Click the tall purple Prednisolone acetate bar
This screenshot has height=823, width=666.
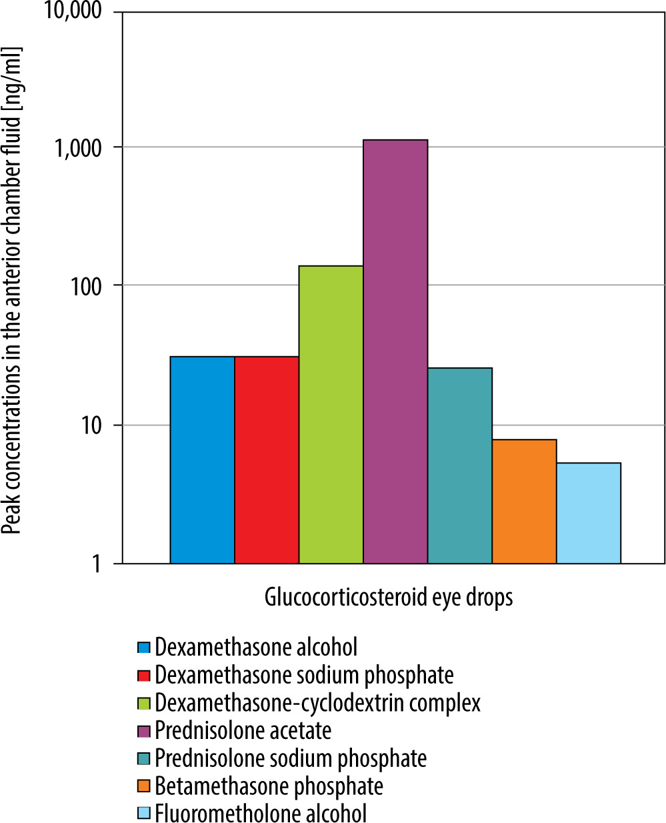coord(395,351)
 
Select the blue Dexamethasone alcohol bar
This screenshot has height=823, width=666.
coord(202,460)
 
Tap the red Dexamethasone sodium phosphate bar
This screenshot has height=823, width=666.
coord(267,460)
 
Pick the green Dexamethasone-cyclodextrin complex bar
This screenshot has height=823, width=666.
coord(331,415)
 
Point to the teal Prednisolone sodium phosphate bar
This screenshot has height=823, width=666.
coord(460,466)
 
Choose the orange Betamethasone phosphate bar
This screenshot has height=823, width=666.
coord(524,502)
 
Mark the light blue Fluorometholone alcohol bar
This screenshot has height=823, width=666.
coord(589,513)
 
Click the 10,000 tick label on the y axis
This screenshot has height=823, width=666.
coord(73,11)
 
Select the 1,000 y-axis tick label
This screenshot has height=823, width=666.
coord(79,147)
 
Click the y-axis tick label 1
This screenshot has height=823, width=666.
coord(97,564)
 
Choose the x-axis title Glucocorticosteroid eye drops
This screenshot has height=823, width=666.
coord(389,596)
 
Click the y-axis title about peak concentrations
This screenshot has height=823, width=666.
coord(12,290)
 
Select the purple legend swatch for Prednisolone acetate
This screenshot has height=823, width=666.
coord(143,731)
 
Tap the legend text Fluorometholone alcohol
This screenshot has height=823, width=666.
coord(261,814)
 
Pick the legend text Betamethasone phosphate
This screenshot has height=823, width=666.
coord(269,786)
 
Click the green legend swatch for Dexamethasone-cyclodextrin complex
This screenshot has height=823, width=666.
coord(143,703)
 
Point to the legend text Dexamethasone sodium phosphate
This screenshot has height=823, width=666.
coord(304,675)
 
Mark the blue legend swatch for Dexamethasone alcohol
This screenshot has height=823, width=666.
coord(143,648)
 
